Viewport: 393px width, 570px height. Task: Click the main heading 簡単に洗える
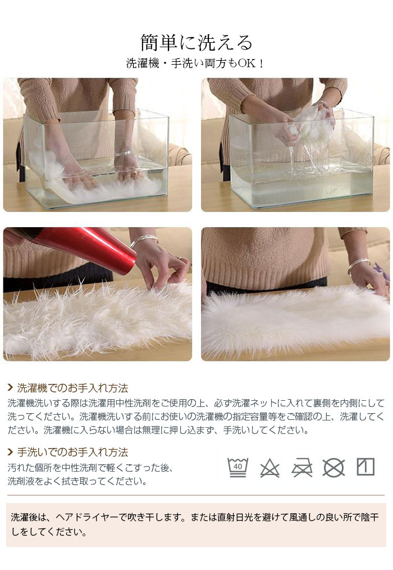tap(196, 43)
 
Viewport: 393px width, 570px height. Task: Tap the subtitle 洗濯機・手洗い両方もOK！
tap(195, 64)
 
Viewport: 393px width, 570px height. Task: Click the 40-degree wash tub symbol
tap(237, 467)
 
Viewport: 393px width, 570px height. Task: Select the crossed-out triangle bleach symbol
tap(270, 468)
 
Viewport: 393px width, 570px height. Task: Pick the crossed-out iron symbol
tap(302, 468)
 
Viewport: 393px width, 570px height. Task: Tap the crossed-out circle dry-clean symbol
tap(333, 468)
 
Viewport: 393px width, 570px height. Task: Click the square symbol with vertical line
tap(365, 467)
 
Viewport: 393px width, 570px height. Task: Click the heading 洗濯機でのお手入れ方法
tap(72, 388)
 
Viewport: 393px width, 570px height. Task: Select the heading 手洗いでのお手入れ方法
tap(72, 452)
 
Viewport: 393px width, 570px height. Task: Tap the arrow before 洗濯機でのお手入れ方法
tap(11, 388)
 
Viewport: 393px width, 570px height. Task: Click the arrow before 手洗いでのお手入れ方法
tap(11, 452)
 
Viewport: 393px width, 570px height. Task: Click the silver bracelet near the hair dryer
tap(144, 240)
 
